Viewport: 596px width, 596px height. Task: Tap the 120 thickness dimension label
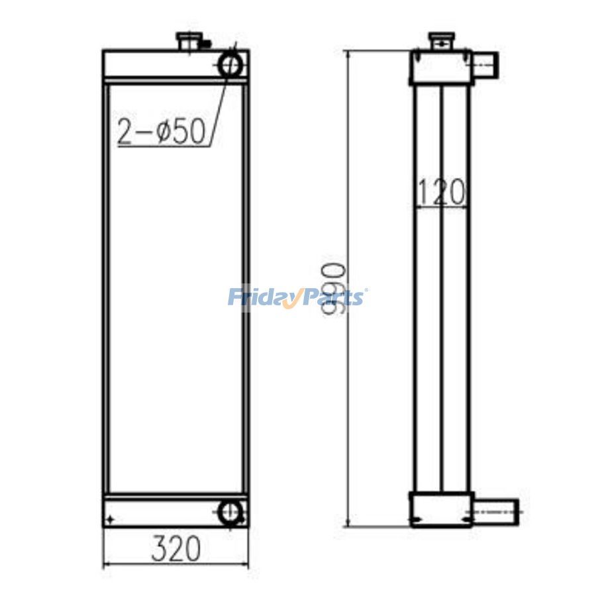point(442,193)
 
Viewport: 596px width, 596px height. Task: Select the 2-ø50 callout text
point(162,132)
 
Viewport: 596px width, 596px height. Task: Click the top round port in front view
point(231,65)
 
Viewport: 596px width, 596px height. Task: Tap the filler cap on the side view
point(440,40)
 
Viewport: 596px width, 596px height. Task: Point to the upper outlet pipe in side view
point(485,65)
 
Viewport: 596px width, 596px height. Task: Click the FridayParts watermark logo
point(297,296)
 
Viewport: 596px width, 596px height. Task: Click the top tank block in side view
point(440,67)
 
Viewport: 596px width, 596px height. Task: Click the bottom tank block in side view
point(440,510)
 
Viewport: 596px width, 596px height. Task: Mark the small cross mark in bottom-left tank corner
point(111,519)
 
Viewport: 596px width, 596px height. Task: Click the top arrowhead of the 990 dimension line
point(346,55)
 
